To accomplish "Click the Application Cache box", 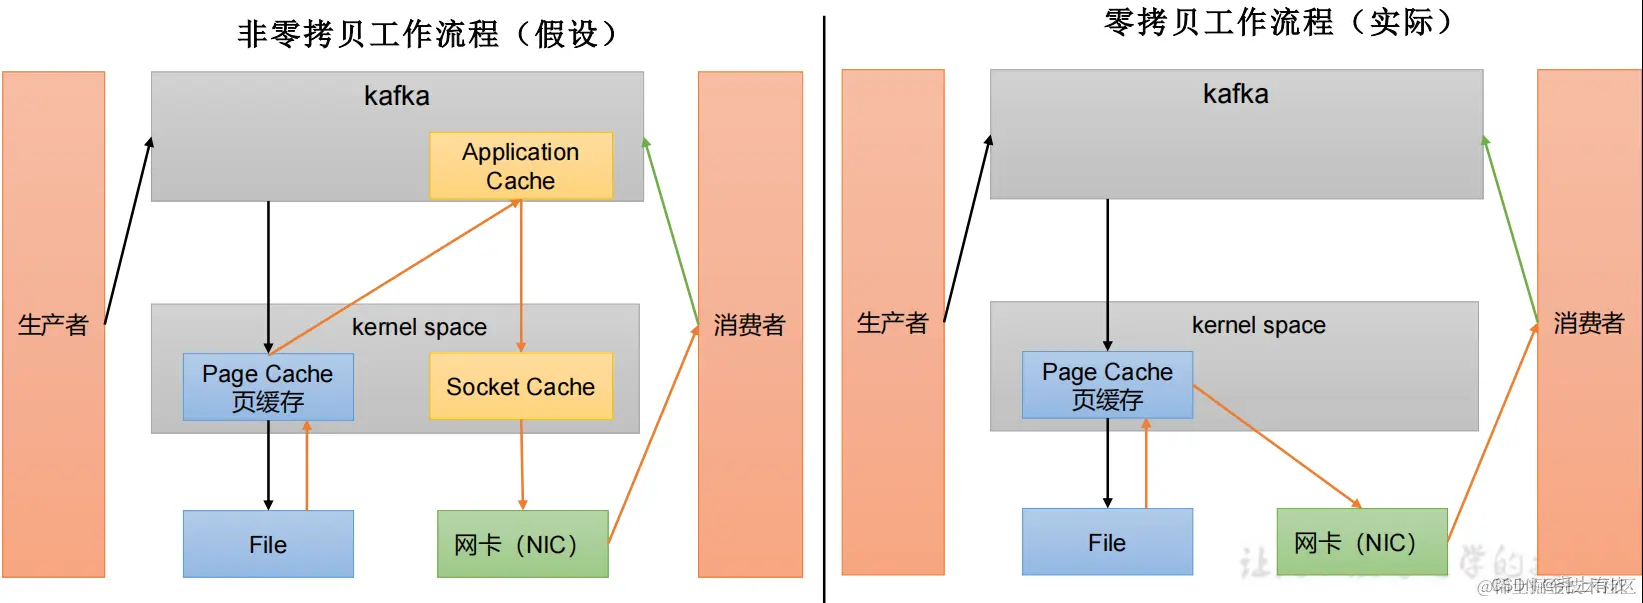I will [x=520, y=166].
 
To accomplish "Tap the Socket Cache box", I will [x=520, y=386].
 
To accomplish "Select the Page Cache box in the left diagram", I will [x=268, y=387].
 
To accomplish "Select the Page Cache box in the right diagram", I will [x=1107, y=385].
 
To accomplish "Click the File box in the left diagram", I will [x=268, y=544].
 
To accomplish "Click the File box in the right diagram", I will [x=1107, y=542].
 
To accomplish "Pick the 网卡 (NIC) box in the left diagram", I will [x=522, y=544].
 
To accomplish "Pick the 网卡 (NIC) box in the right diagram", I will [x=1361, y=542].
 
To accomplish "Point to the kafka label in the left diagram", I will [x=397, y=96].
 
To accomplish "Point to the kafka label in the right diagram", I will [x=1236, y=94].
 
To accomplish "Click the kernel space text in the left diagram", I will [x=419, y=327].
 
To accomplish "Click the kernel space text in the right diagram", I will [x=1258, y=325].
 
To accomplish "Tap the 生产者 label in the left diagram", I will [x=53, y=325].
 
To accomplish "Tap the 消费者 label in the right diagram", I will [x=1588, y=323].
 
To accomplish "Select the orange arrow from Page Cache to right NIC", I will [x=1277, y=446].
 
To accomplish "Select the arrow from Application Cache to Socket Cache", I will [x=521, y=275].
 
